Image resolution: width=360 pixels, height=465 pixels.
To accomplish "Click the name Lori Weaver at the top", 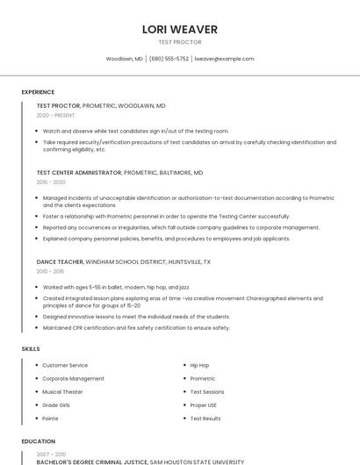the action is click(179, 29).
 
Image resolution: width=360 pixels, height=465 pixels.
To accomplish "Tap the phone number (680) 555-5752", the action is click(169, 59).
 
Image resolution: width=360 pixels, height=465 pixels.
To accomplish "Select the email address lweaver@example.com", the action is click(224, 59).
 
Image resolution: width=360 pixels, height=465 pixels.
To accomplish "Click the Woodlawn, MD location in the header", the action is click(124, 59).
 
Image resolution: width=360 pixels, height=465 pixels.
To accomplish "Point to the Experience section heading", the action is click(38, 92).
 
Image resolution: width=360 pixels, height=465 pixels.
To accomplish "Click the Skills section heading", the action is click(31, 349).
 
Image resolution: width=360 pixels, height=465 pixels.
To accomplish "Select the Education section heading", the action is click(38, 441).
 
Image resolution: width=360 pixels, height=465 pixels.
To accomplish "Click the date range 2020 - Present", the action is click(56, 115).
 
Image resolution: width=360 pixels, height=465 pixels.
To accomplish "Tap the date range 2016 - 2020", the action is click(51, 182).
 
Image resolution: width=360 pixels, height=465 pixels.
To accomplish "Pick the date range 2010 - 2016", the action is click(51, 271).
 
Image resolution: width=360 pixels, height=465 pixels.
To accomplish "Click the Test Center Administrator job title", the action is click(79, 173).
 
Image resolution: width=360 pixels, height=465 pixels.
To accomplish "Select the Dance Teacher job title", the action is click(60, 261).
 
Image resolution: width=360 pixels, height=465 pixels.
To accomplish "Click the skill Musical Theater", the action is click(62, 391).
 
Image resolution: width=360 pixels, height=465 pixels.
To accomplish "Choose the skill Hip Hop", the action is click(199, 365).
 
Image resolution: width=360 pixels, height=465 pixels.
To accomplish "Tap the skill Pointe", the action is click(51, 418).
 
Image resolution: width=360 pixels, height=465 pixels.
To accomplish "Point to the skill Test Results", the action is click(205, 418).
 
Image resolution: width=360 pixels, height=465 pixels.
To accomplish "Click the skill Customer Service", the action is click(65, 365).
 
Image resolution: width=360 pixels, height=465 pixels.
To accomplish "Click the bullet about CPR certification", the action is click(136, 327).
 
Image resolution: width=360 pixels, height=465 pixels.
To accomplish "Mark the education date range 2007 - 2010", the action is click(51, 454).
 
